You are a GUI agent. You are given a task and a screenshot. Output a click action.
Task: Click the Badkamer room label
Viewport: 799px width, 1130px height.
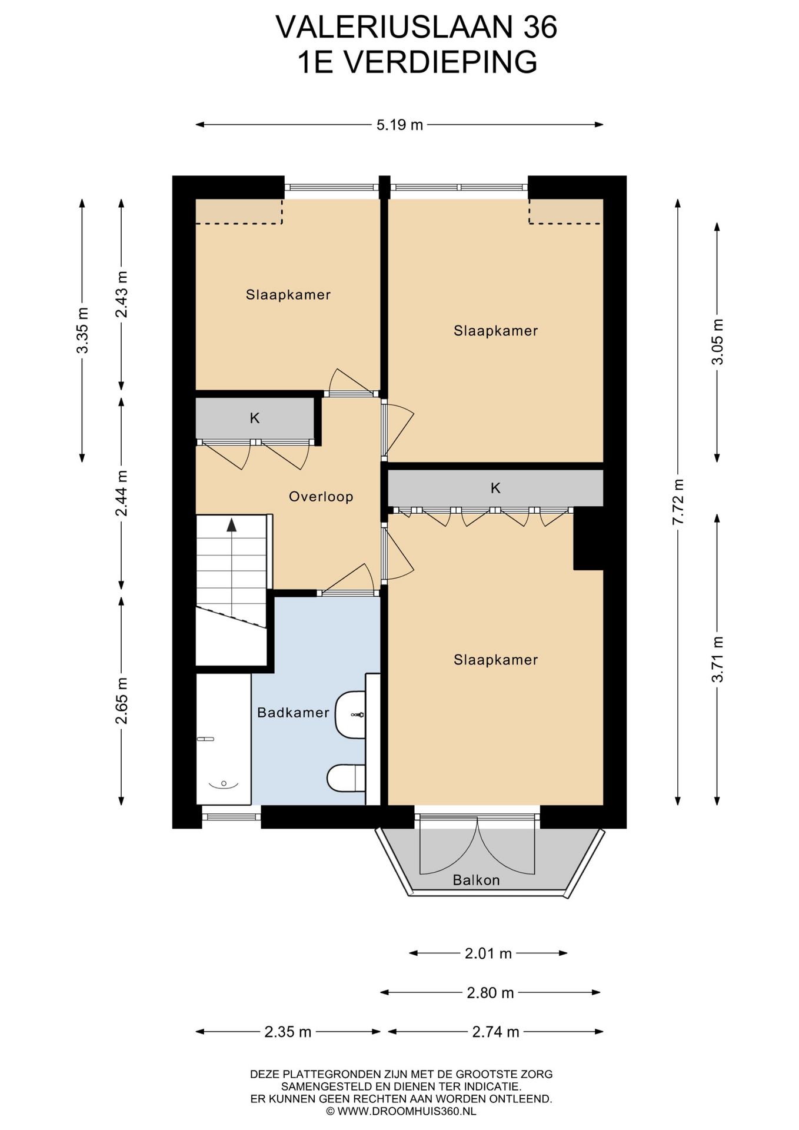click(x=293, y=713)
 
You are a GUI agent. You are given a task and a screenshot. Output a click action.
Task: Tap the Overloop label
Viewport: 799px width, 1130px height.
click(x=321, y=497)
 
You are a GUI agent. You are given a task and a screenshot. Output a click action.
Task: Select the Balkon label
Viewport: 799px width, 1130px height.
click(x=476, y=880)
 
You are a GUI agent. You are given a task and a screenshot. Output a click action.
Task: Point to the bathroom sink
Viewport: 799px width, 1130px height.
click(x=350, y=714)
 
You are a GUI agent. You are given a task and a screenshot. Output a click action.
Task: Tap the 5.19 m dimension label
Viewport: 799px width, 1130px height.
click(x=399, y=125)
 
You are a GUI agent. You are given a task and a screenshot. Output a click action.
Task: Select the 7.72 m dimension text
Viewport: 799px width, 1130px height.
click(x=678, y=501)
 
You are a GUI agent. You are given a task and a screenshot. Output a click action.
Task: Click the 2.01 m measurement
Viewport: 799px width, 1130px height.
click(x=488, y=953)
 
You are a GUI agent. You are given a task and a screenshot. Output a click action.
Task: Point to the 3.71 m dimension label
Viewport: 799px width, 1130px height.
click(x=717, y=659)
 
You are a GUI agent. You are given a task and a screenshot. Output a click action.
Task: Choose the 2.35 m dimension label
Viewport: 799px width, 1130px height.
click(x=288, y=1032)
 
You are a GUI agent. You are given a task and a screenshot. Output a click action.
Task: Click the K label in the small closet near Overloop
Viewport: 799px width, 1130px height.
click(x=255, y=418)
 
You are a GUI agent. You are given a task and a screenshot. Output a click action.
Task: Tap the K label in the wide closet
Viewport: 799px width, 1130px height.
click(x=495, y=488)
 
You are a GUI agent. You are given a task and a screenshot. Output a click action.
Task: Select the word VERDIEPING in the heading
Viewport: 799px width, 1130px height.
click(x=440, y=62)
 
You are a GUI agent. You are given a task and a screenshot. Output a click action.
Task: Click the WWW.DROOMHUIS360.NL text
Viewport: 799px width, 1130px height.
click(x=407, y=1112)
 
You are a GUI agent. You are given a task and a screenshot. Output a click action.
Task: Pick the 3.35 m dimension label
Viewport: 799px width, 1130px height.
click(x=82, y=330)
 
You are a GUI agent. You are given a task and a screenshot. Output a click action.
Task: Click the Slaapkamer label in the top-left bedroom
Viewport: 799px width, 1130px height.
click(x=288, y=295)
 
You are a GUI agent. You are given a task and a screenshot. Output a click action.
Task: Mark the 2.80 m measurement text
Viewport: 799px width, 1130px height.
click(x=490, y=993)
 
